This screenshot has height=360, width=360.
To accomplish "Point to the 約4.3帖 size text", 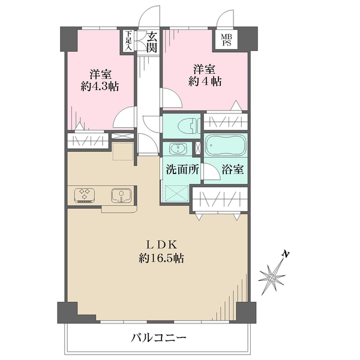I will [101, 86].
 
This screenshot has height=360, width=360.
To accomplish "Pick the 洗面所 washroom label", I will [182, 169].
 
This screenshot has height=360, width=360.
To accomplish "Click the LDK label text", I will [161, 245].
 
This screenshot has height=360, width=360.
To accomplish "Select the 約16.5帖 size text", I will [161, 259].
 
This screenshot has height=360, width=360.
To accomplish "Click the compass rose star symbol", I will [274, 276].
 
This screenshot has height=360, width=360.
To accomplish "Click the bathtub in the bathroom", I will [224, 146].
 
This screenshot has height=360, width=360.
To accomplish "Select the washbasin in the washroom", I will [178, 149].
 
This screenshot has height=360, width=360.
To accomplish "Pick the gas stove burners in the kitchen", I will [85, 194].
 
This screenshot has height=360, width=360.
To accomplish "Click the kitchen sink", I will [122, 194].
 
